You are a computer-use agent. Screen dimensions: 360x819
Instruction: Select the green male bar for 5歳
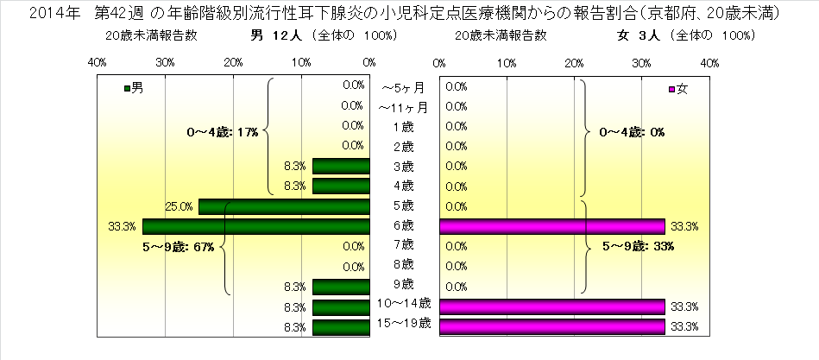[285, 206]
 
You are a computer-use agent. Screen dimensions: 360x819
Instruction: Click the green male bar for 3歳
[341, 167]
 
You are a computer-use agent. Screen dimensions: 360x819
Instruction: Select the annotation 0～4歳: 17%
[222, 133]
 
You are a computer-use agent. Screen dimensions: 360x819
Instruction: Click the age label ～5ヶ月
[402, 87]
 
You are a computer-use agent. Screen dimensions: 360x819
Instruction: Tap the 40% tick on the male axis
[97, 62]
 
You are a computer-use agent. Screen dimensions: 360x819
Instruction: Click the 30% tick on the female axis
[641, 62]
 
